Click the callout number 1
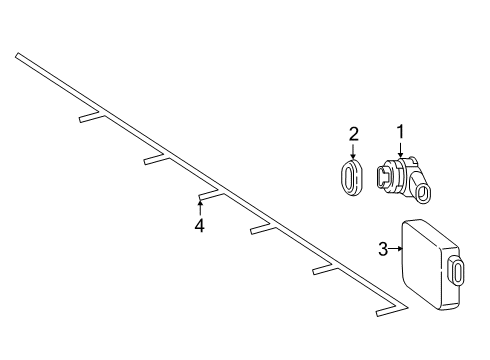400,131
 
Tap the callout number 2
354,134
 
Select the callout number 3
383,249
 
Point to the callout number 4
199,226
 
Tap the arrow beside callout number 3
396,249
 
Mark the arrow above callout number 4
200,207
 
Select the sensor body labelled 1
403,178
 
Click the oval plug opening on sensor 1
424,194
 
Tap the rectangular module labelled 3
430,263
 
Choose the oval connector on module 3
457,272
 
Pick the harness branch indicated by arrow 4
211,196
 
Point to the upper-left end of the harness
17,55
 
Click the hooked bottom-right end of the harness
392,311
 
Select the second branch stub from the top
157,159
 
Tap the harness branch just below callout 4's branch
263,229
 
